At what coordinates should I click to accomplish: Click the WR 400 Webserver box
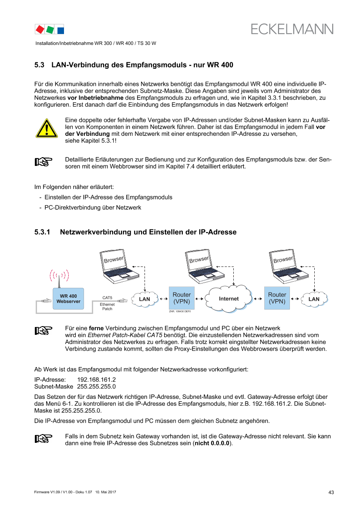tap(68, 299)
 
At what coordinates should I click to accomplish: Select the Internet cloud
tap(229, 299)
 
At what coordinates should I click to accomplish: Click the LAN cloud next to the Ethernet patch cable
tap(144, 299)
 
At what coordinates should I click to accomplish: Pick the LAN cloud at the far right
tap(313, 299)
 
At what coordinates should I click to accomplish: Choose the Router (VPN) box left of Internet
tap(182, 298)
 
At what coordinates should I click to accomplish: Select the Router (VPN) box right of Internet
tap(277, 298)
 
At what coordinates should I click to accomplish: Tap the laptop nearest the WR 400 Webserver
tap(119, 265)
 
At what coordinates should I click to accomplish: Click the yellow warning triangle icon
tap(46, 128)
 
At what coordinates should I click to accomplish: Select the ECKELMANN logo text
tap(292, 29)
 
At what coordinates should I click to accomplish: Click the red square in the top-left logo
tap(40, 29)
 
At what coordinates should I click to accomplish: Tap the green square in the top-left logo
tap(50, 29)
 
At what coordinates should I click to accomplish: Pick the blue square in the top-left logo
tap(61, 30)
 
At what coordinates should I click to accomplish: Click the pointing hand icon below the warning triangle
tap(44, 162)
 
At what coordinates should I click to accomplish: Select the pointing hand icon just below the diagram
tap(44, 330)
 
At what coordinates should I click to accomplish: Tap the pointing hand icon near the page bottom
tap(44, 438)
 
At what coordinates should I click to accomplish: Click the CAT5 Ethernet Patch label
tap(107, 303)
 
